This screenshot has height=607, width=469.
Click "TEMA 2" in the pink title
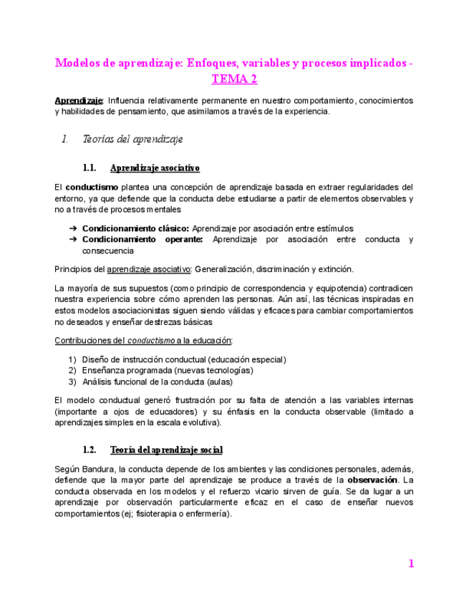coord(234,79)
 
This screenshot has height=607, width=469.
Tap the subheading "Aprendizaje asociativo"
coord(155,168)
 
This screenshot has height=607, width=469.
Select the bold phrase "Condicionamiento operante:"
coord(142,240)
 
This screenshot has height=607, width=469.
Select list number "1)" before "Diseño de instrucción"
coord(72,359)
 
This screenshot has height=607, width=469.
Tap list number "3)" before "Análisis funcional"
coord(72,382)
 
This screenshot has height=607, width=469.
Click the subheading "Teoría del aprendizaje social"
coord(166,450)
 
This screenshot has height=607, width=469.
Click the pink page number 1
coord(411,564)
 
